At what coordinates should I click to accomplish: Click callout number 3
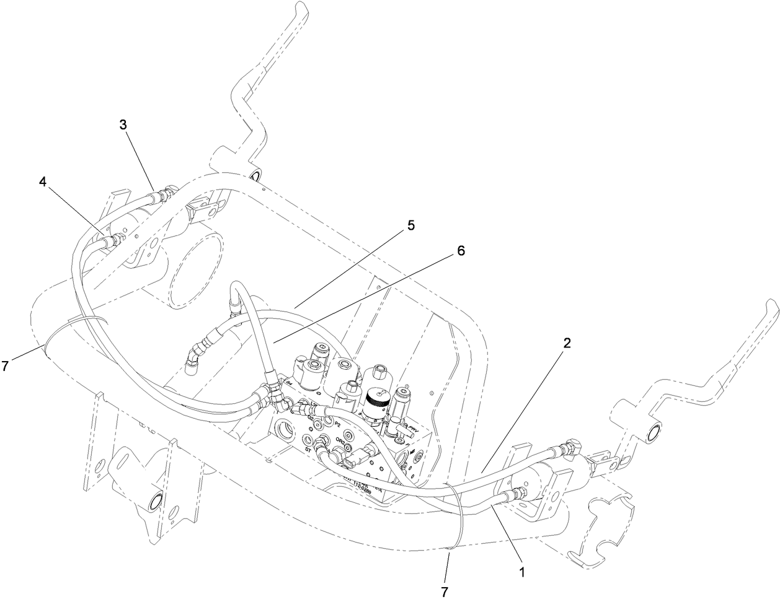point(123,124)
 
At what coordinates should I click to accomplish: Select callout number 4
point(42,182)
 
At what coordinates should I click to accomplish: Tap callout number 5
point(410,226)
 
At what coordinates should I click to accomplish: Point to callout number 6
point(460,251)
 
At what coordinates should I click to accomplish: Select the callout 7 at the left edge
point(5,366)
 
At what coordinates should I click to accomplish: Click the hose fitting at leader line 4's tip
point(113,240)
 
